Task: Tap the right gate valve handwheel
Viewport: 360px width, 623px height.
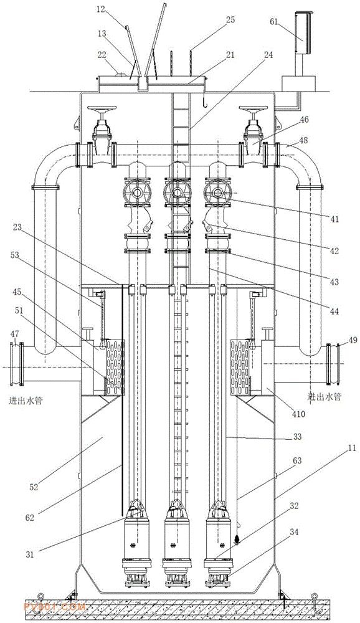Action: pos(252,108)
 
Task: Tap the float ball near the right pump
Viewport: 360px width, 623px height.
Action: pos(237,539)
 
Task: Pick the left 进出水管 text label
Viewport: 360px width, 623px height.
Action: pos(26,400)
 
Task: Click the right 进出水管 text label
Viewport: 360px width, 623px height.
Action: pos(324,396)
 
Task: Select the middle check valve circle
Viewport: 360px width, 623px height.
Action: pos(177,193)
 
